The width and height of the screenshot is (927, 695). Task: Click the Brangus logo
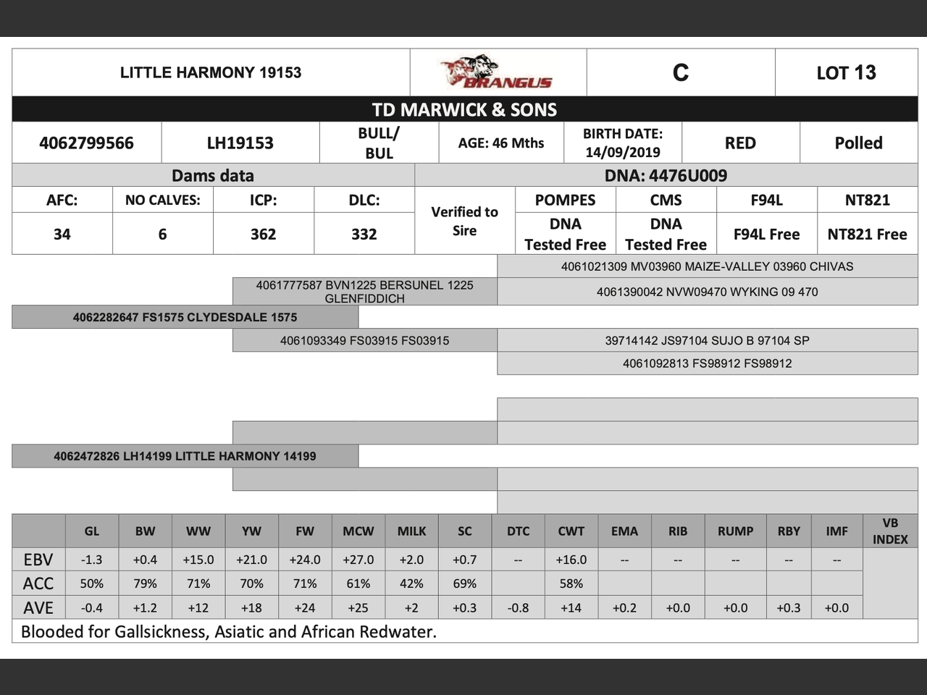497,72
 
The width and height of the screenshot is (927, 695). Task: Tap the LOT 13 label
846,72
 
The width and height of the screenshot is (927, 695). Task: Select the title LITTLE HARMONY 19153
211,72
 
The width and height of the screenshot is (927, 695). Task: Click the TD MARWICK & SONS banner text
464,109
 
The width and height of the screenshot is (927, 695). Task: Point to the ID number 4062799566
86,143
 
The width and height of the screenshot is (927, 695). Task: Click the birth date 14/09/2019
623,152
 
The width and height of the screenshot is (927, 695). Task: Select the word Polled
858,143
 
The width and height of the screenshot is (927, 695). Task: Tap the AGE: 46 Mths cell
500,143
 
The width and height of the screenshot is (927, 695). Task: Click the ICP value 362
263,234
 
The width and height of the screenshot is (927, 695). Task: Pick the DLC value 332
364,234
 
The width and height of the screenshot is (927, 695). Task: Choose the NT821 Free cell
867,234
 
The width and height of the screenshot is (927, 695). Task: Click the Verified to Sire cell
464,221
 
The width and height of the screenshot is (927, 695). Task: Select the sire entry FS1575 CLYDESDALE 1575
185,317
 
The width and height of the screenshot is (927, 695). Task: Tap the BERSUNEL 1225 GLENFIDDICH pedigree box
364,291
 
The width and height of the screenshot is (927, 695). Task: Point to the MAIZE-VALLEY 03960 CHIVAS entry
707,266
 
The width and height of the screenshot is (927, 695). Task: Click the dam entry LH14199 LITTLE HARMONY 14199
185,456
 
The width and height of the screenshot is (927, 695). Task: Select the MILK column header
411,531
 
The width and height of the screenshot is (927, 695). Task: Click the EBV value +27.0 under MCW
358,560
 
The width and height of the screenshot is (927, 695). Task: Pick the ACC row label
38,584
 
